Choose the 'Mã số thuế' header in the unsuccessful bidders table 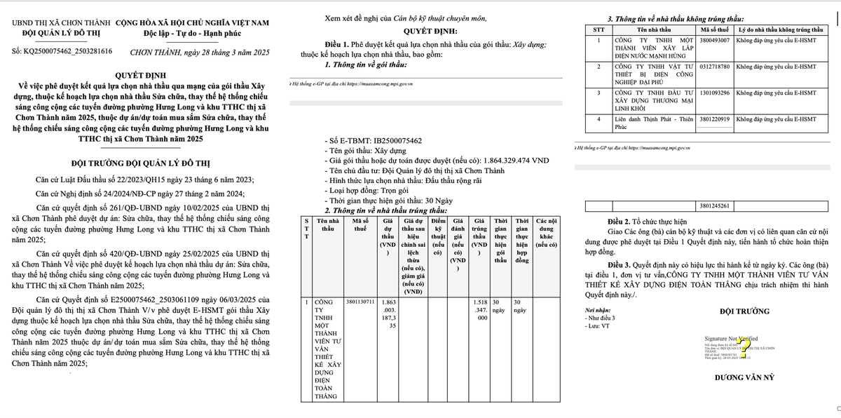(714, 30)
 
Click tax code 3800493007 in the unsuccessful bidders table (714, 41)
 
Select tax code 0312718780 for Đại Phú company (714, 67)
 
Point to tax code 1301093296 (714, 93)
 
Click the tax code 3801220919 (714, 119)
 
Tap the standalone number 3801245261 (714, 205)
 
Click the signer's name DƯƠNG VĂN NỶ (744, 377)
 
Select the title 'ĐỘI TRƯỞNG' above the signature (744, 311)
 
